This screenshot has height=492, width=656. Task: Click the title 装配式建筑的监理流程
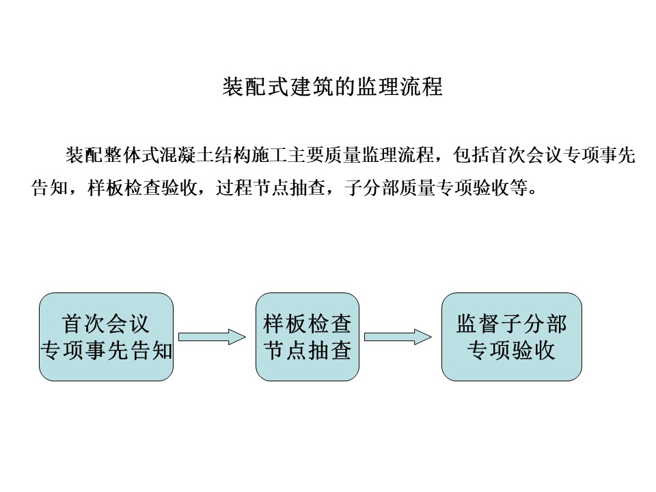[x=332, y=87]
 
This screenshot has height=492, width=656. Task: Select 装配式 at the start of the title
[x=255, y=87]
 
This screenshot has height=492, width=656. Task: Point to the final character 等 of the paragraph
[x=519, y=188]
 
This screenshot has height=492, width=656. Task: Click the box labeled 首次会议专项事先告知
[x=107, y=337]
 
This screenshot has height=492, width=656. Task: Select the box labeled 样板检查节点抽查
[x=307, y=337]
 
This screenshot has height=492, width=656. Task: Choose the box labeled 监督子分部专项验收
[x=512, y=337]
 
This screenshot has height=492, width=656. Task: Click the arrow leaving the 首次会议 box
[x=212, y=337]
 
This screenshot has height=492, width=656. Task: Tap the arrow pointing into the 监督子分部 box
[x=398, y=337]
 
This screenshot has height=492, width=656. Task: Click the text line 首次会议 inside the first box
[x=106, y=324]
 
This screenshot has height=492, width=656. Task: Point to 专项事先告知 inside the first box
[x=107, y=350]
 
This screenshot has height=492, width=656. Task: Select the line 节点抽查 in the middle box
[x=307, y=350]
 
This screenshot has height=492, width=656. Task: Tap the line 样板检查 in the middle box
[x=307, y=324]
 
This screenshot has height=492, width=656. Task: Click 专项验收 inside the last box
[x=512, y=350]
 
